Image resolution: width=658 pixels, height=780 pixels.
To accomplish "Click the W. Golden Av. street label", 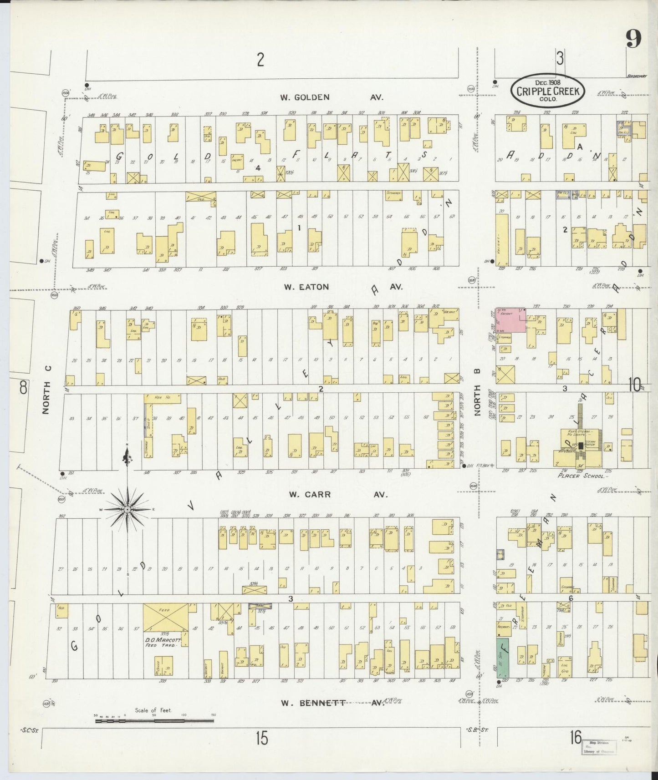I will (x=332, y=97).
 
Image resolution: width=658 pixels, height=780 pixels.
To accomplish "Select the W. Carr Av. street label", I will (x=338, y=494).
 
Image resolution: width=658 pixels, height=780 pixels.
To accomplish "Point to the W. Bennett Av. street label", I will (x=332, y=703).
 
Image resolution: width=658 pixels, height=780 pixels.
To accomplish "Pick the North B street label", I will (x=478, y=400).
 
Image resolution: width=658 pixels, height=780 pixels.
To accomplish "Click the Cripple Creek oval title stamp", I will (x=548, y=90).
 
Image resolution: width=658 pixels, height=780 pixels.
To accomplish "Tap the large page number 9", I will (x=633, y=39).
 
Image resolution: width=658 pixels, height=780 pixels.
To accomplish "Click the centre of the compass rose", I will (x=128, y=509).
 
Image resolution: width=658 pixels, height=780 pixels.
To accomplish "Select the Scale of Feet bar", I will (x=153, y=721).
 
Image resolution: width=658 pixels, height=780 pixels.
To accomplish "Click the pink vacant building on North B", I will (x=510, y=320).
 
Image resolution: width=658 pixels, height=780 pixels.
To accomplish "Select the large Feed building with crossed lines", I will (x=166, y=617).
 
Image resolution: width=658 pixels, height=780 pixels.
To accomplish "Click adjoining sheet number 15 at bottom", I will (x=261, y=738).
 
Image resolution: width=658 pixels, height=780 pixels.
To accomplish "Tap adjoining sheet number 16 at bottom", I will (x=575, y=736).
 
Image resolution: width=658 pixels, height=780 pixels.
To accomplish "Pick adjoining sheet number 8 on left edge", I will (x=23, y=388).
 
